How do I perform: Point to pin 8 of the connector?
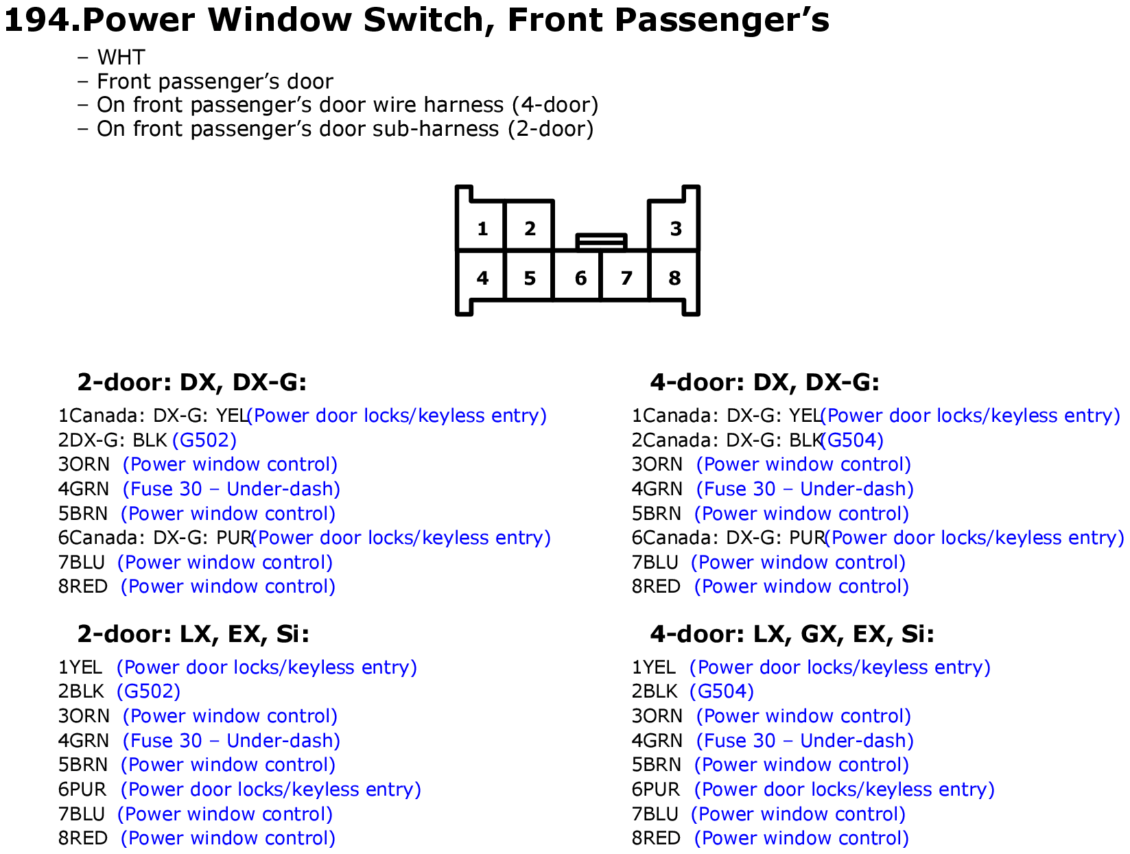tap(674, 276)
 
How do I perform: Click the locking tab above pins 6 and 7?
tap(601, 241)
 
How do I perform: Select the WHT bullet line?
tap(111, 57)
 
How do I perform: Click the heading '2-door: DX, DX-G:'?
tap(191, 381)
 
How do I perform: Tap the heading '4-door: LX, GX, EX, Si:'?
tap(792, 634)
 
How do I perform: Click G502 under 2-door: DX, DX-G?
tap(204, 440)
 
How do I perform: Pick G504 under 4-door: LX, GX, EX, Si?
tap(721, 691)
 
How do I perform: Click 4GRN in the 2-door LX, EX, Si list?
tap(84, 741)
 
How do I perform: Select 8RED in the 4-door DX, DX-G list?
tap(656, 586)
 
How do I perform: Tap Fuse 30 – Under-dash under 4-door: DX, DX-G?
tap(805, 489)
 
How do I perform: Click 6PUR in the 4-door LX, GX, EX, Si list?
tap(656, 790)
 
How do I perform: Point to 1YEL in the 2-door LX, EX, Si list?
tap(80, 667)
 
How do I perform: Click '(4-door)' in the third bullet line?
tap(555, 105)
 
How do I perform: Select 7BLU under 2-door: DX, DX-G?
tap(82, 562)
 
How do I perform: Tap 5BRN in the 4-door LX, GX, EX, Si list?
tap(656, 765)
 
